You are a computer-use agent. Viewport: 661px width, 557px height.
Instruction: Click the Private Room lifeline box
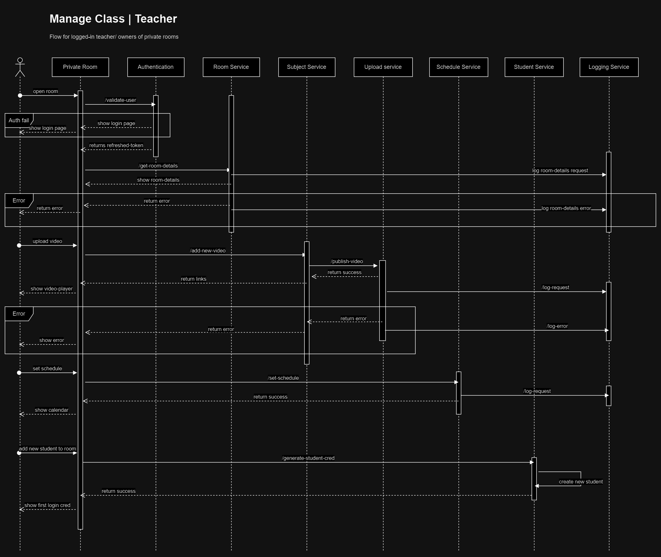[x=80, y=67]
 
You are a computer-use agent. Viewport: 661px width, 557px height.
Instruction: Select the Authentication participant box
[x=156, y=67]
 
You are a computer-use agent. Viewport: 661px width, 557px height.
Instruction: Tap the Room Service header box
[x=231, y=67]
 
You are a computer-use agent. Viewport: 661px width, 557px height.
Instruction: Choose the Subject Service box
[x=306, y=67]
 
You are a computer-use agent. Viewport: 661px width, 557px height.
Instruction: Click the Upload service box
[x=383, y=67]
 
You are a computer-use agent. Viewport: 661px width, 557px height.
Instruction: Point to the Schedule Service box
[x=458, y=67]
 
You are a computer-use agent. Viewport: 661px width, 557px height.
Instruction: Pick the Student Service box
[x=534, y=67]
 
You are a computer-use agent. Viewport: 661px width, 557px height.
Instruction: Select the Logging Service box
[x=608, y=67]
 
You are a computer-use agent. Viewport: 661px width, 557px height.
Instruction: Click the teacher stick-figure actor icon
[x=20, y=67]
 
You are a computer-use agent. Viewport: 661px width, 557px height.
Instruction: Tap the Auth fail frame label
[x=19, y=120]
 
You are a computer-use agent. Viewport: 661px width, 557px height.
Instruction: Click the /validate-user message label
[x=120, y=100]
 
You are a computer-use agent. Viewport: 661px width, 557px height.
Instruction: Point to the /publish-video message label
[x=347, y=262]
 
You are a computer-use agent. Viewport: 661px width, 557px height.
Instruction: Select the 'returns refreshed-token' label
[x=116, y=146]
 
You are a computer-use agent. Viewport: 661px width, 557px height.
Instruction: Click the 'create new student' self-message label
[x=580, y=482]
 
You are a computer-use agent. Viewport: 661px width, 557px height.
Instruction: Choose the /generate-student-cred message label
[x=308, y=458]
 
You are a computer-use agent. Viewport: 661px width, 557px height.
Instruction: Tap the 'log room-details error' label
[x=566, y=208]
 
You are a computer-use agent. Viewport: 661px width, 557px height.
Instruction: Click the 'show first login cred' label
[x=47, y=505]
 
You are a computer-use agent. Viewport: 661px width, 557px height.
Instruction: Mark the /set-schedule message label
[x=283, y=378]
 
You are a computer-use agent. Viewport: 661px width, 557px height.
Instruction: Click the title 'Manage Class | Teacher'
[x=113, y=19]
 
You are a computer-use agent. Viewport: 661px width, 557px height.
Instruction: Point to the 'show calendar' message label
[x=52, y=410]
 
